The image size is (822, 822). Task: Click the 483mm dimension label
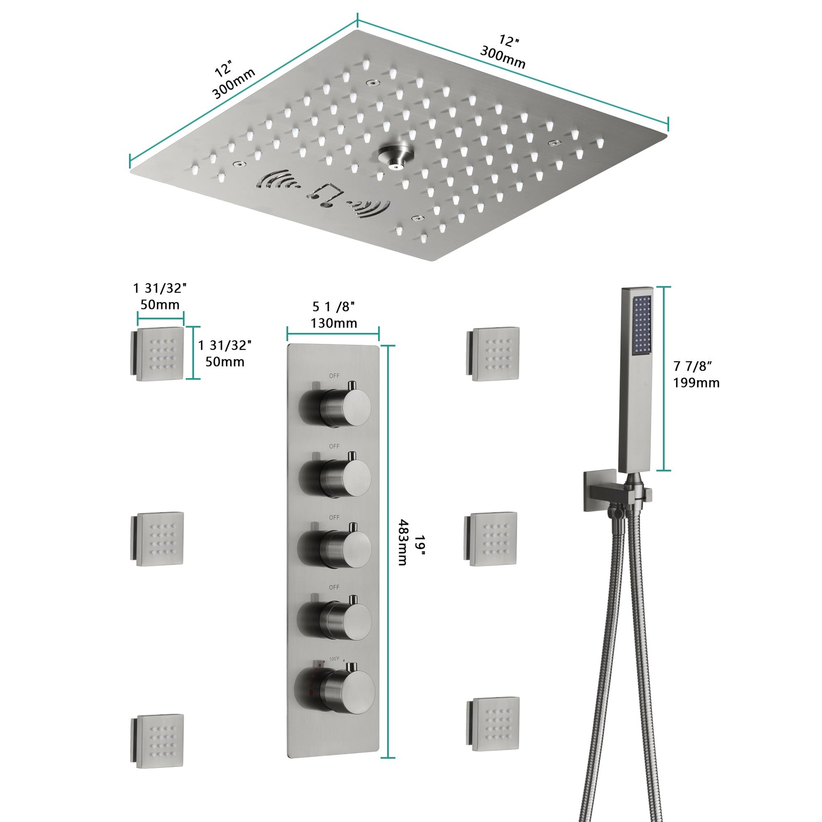coord(403,542)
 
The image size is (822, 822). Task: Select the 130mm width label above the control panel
coord(333,323)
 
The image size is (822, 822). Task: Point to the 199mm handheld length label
coord(696,383)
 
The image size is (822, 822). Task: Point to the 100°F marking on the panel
coord(334,659)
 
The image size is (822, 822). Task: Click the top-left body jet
coord(159,354)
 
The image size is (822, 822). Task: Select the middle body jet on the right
coord(492,539)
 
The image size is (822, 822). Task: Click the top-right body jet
coord(494,354)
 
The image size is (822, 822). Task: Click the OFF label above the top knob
coord(334,376)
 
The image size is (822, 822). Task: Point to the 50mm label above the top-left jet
coord(160,305)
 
